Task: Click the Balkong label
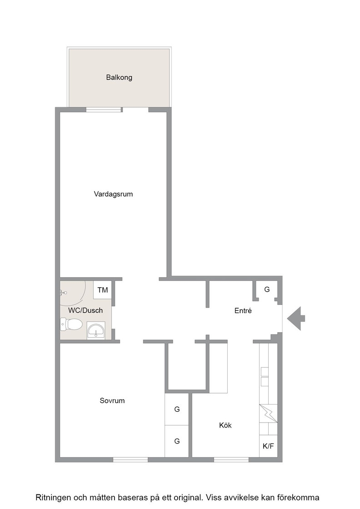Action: [119, 78]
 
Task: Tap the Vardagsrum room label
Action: [113, 194]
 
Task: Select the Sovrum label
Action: [112, 400]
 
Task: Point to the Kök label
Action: [225, 425]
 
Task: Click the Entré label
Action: [243, 311]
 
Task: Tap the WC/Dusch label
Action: [85, 310]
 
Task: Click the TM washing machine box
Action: [103, 290]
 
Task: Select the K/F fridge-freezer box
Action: [268, 446]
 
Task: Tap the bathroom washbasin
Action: [96, 330]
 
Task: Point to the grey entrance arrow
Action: [296, 319]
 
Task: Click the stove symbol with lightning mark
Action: [268, 413]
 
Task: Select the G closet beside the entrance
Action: [267, 289]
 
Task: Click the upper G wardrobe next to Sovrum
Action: [177, 409]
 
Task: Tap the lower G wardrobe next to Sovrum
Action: [177, 441]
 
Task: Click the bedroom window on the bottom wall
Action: [130, 459]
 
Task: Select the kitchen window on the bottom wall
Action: [231, 459]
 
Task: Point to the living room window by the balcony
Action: [104, 110]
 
